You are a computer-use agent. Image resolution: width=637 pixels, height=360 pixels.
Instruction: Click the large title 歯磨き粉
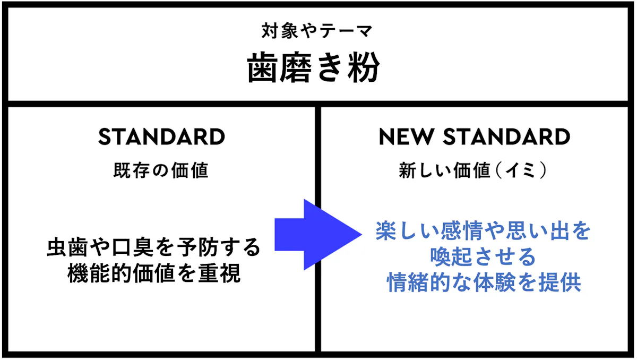tap(313, 67)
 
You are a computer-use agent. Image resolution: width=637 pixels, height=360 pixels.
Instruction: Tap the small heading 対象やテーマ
tap(317, 31)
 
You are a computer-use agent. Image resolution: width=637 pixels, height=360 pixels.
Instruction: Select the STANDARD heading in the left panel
tap(161, 137)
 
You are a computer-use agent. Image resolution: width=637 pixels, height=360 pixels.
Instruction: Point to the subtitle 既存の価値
tap(161, 170)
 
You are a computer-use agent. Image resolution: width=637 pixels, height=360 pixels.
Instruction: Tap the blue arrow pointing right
tap(318, 235)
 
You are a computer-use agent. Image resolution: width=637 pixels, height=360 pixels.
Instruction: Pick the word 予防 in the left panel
tap(197, 247)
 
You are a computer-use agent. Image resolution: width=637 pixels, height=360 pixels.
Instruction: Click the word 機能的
tap(100, 273)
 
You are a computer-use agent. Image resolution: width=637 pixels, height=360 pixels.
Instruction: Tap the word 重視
tap(220, 273)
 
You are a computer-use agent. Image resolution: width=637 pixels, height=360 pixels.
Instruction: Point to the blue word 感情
tap(462, 230)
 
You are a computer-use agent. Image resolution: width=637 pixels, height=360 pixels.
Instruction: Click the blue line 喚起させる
tap(483, 256)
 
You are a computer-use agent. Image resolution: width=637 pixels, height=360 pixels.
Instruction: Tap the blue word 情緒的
tap(419, 282)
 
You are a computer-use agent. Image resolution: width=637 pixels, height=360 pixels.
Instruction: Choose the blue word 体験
tap(495, 282)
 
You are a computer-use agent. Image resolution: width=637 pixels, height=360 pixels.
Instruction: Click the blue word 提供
tap(559, 282)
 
